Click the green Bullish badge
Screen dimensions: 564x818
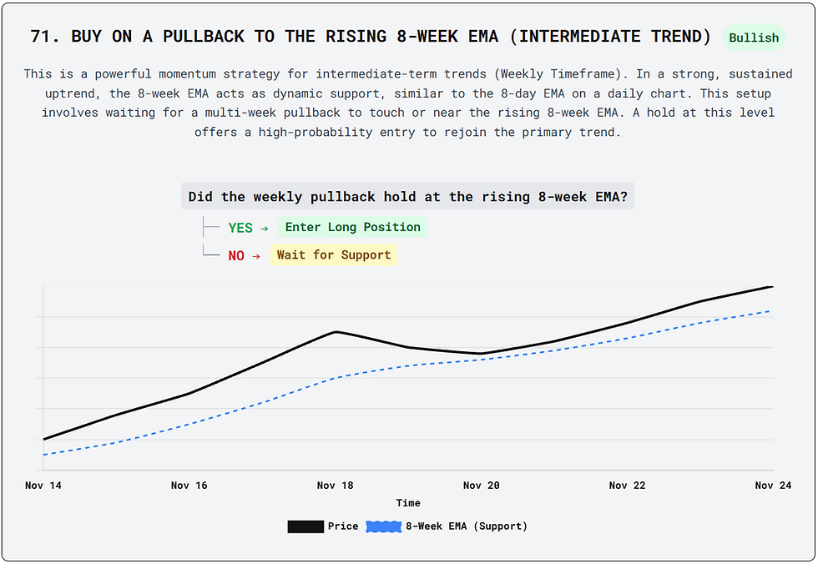coord(754,38)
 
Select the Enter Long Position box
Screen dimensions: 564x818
coord(352,227)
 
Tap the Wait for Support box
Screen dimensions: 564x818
coord(334,255)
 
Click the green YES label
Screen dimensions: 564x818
coord(240,228)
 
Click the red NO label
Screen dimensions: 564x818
coord(236,256)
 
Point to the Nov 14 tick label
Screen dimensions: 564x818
coord(43,486)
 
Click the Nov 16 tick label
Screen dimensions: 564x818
coord(189,486)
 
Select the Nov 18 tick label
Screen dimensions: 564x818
coord(336,486)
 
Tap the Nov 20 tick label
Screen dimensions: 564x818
coord(482,486)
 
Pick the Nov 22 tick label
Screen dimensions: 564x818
coord(628,486)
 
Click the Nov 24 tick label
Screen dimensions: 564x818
coord(773,486)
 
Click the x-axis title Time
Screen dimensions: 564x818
coord(408,503)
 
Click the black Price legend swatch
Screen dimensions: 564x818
coord(305,526)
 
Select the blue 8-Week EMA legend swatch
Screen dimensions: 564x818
coord(383,526)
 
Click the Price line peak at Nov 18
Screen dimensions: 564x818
coord(336,332)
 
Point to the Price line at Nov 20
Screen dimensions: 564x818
coord(482,354)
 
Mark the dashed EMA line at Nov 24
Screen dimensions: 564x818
coord(770,311)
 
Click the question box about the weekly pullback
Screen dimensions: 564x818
coord(408,197)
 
